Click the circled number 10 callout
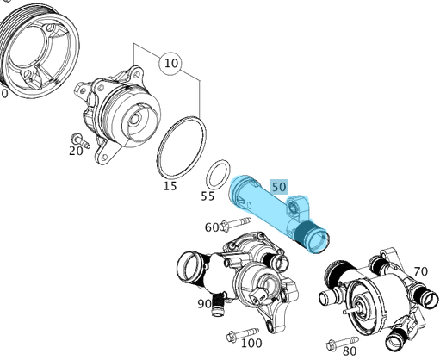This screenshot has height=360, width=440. tap(170, 63)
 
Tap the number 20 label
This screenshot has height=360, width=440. tap(77, 152)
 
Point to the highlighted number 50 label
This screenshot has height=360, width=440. tap(278, 186)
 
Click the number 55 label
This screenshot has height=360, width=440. tap(208, 196)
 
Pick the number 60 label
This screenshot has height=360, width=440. tap(211, 227)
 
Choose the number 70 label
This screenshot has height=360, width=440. tap(420, 272)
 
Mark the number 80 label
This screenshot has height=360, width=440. tap(350, 351)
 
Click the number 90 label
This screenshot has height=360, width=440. tap(205, 303)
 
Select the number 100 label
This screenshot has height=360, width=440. tap(251, 343)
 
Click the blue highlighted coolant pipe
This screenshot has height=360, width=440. tap(267, 211)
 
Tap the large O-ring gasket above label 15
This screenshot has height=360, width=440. tap(182, 148)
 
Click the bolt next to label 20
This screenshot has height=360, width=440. tap(80, 137)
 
